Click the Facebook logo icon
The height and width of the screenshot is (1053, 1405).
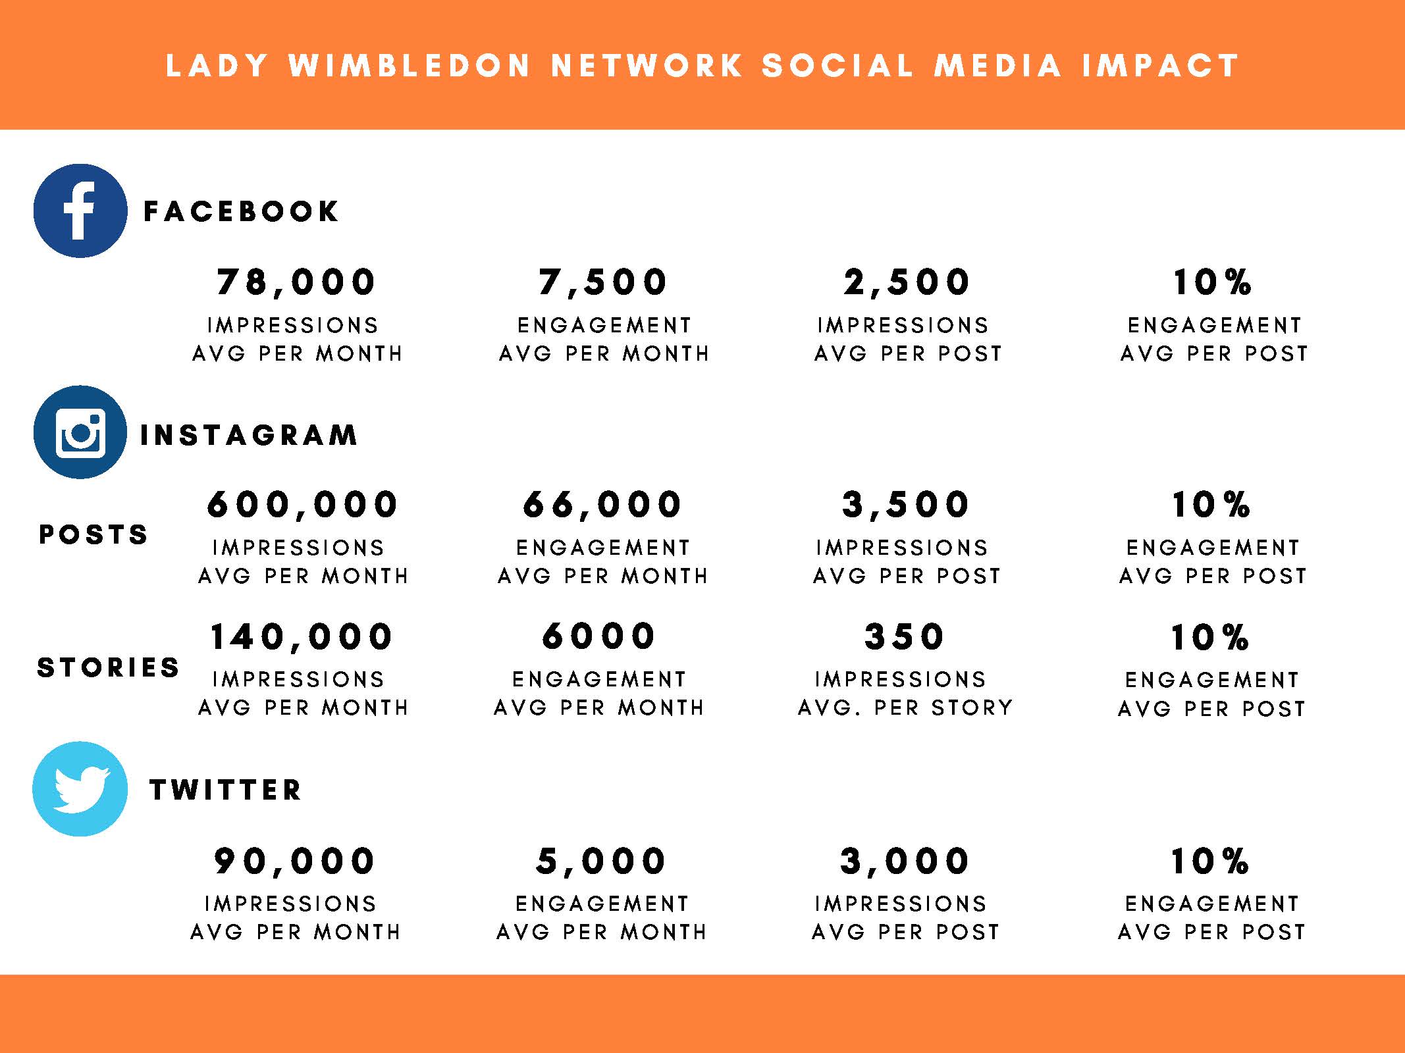click(x=80, y=211)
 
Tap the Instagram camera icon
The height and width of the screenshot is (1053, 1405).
click(x=80, y=432)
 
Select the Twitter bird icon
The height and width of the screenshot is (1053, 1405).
click(x=80, y=788)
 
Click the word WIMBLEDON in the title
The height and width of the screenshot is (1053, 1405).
click(x=410, y=66)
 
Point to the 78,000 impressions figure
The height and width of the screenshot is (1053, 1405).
click(x=296, y=282)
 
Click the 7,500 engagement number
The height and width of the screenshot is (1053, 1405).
click(x=603, y=282)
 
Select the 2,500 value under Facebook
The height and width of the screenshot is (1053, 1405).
click(x=907, y=282)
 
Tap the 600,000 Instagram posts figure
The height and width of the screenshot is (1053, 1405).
click(x=302, y=505)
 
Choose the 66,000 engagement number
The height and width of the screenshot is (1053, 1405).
click(x=602, y=505)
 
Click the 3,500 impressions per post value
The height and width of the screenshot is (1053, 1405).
click(x=906, y=505)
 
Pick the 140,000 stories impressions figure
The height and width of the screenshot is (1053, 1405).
click(x=302, y=637)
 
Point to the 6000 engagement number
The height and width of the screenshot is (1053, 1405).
click(x=598, y=636)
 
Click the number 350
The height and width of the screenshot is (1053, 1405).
click(x=905, y=637)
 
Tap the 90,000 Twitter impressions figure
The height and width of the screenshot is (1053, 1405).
click(x=294, y=861)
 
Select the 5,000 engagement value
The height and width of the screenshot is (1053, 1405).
click(x=601, y=861)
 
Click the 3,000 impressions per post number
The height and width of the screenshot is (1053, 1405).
click(x=905, y=861)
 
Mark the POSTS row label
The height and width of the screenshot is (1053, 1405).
click(x=93, y=534)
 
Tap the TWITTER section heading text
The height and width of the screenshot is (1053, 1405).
click(x=225, y=790)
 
